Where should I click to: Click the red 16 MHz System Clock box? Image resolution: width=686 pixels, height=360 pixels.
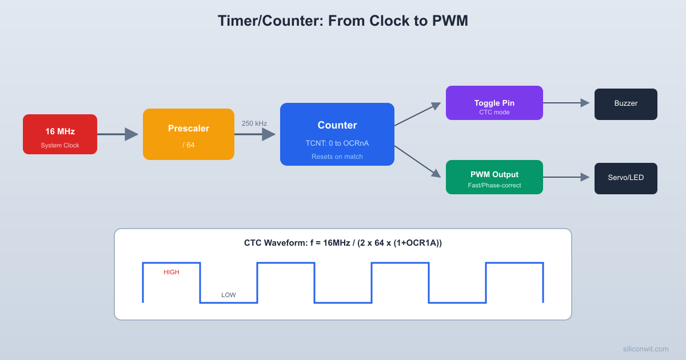[60, 134]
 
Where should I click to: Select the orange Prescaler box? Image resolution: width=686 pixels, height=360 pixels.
[189, 134]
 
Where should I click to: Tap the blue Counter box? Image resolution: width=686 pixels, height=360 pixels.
[337, 134]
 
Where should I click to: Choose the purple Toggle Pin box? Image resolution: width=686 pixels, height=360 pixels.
[494, 103]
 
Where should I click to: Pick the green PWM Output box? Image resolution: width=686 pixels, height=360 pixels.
[494, 177]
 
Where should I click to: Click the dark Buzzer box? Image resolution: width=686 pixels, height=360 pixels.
[626, 104]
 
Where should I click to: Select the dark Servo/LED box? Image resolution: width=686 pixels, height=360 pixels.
[626, 178]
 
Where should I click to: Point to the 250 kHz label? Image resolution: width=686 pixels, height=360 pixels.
[254, 123]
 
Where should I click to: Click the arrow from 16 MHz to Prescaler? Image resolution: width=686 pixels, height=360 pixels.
[117, 134]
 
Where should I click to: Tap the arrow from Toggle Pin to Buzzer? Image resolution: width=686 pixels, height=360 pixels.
[566, 103]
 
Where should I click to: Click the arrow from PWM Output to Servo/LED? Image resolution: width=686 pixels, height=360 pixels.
[566, 177]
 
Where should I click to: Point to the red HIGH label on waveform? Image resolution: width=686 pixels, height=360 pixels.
[171, 272]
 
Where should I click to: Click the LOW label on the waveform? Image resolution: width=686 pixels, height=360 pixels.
[229, 295]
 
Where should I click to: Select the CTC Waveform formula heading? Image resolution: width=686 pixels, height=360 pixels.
[343, 243]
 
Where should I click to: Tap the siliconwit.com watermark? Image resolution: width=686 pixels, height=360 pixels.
[645, 349]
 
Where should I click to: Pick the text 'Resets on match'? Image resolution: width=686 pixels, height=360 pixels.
[337, 157]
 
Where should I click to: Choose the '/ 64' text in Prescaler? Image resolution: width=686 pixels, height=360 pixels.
[189, 145]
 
